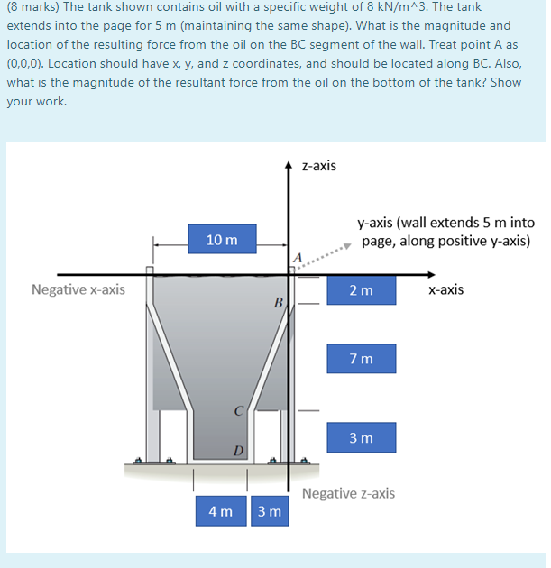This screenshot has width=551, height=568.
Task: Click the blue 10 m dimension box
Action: point(222,239)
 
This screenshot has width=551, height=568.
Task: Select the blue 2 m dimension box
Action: point(361,290)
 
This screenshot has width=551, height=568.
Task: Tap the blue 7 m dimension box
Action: point(361,360)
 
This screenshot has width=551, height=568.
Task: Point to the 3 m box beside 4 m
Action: point(269,511)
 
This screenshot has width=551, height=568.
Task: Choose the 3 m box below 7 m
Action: point(361,437)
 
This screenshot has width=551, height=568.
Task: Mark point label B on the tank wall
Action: point(279,302)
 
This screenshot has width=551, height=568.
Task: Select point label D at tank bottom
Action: point(238,448)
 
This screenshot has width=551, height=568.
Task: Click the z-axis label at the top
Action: point(319,166)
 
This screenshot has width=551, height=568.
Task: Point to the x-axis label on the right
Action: point(445,290)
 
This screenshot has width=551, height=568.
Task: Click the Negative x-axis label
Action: point(78,290)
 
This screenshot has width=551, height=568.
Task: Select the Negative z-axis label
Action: point(348,493)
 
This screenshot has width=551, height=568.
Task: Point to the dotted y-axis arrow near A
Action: point(330,250)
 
